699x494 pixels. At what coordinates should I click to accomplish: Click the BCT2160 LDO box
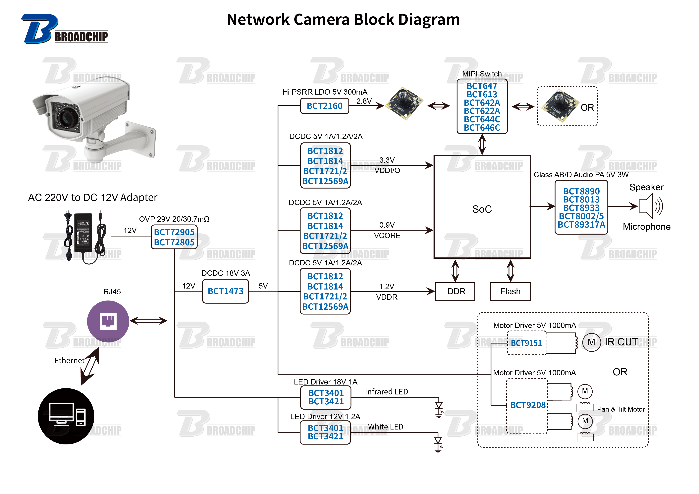click(325, 106)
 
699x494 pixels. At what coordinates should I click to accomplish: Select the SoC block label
click(482, 209)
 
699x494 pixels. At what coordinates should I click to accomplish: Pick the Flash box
click(510, 292)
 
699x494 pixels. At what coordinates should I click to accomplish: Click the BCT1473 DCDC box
click(225, 291)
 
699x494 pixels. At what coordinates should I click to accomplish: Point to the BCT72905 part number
click(174, 232)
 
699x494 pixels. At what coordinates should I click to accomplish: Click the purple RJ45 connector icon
click(108, 321)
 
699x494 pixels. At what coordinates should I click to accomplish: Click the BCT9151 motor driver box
click(526, 343)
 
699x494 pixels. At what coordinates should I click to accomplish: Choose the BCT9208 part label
click(528, 405)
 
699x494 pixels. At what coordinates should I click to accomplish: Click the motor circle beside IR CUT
click(591, 342)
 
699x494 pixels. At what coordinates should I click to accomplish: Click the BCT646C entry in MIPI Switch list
click(482, 128)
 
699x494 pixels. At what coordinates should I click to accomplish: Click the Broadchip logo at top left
click(64, 29)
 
